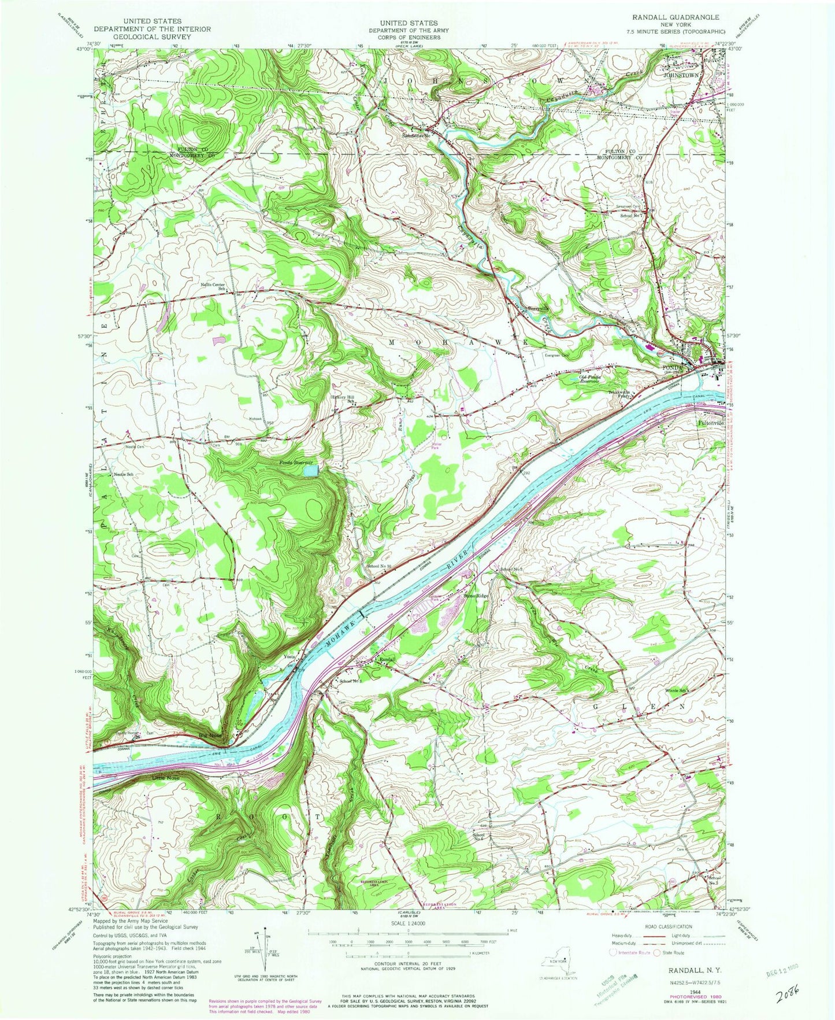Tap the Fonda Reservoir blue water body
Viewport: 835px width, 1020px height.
coord(311,471)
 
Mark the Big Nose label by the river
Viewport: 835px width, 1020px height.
coord(224,736)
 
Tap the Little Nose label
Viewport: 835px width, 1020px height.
coord(166,778)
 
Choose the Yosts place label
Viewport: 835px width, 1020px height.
coord(289,657)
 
